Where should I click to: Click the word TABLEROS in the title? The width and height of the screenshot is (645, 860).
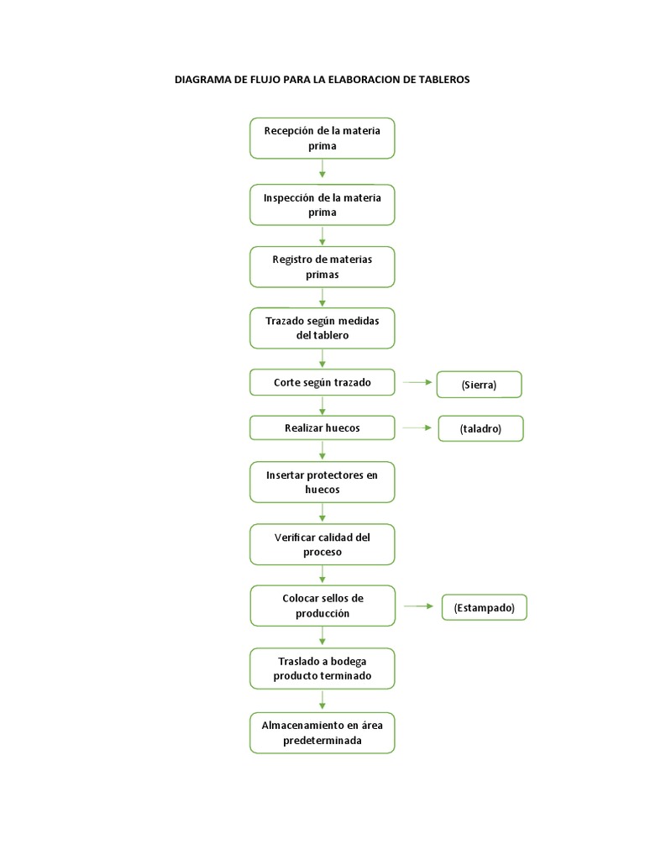point(444,80)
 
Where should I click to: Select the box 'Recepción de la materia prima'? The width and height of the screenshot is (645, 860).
point(322,139)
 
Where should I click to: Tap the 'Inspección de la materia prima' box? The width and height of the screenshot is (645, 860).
point(322,205)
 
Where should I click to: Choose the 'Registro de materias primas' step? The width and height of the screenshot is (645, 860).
point(322,266)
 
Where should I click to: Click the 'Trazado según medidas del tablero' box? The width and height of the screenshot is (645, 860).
point(322,328)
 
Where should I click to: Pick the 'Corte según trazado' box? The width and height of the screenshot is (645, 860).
point(322,382)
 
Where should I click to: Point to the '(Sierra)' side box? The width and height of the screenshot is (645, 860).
point(479,385)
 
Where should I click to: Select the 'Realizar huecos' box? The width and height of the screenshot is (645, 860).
point(322,427)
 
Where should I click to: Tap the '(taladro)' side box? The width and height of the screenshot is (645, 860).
point(480,428)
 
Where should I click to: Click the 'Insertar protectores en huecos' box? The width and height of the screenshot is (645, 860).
point(322,482)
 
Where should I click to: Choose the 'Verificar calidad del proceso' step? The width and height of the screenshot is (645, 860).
point(322,544)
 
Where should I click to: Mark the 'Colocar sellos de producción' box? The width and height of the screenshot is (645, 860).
point(322,606)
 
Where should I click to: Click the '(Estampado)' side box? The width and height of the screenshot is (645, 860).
point(485,607)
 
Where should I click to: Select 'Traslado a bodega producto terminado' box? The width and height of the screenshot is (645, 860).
point(322,669)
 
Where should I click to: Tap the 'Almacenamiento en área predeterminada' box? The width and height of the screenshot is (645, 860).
point(322,732)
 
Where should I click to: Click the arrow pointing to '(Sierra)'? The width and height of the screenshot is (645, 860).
point(417,382)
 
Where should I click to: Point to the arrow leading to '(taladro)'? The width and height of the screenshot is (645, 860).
point(417,427)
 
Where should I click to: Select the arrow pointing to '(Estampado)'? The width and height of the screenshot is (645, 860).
point(418,606)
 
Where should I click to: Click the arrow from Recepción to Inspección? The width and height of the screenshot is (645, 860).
point(322,168)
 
